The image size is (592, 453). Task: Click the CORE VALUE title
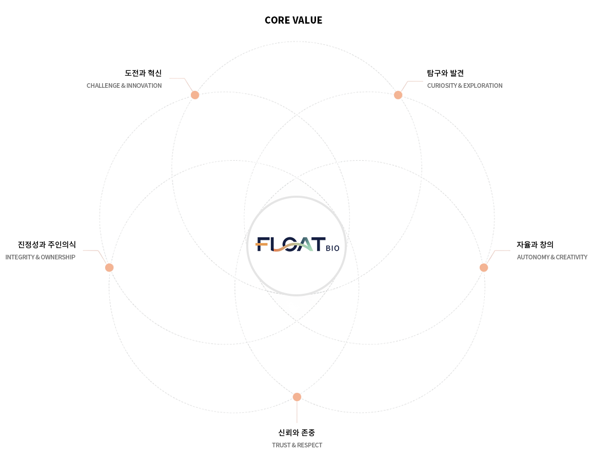(293, 20)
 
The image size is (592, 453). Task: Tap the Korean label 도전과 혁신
(143, 73)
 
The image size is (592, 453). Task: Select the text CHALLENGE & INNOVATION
(124, 85)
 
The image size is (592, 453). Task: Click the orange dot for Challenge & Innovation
(195, 95)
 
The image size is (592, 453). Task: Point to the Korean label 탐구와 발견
(445, 73)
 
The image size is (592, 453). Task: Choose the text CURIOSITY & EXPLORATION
(465, 85)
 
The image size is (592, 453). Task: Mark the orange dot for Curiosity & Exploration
(398, 95)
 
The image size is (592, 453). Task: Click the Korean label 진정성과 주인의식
(47, 244)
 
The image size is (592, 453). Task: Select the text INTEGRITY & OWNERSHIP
(41, 257)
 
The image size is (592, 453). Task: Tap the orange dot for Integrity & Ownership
(109, 268)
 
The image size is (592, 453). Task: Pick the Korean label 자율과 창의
(535, 244)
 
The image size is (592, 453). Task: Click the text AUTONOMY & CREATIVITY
(552, 257)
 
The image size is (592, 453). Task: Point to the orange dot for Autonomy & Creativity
(484, 268)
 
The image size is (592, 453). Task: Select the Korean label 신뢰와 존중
(297, 432)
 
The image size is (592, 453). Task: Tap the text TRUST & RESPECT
(297, 445)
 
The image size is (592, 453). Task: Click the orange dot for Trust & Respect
(297, 397)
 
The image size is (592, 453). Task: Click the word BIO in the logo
(332, 248)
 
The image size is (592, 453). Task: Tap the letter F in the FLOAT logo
(262, 244)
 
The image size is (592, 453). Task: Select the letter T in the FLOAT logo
(318, 244)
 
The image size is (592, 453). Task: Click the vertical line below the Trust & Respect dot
(297, 412)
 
